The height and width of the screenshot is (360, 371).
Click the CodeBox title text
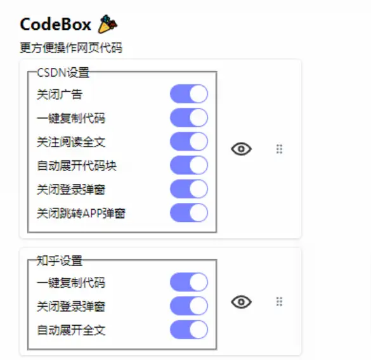(x=56, y=24)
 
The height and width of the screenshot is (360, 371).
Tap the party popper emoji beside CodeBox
(x=108, y=24)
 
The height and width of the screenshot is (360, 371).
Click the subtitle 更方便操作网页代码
(x=71, y=48)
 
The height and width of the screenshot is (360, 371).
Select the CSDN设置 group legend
(x=63, y=72)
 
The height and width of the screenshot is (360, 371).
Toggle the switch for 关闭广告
(x=189, y=94)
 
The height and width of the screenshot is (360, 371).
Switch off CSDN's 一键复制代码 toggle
(x=189, y=117)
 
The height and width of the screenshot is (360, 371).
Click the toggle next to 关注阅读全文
(x=189, y=141)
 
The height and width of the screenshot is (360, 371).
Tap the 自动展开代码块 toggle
(x=189, y=165)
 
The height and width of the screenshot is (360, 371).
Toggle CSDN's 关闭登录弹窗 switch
(x=189, y=189)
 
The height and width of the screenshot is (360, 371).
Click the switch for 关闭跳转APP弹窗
(x=189, y=213)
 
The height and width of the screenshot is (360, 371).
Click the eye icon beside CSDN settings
(x=241, y=149)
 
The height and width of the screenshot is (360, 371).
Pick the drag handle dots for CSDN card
(x=280, y=149)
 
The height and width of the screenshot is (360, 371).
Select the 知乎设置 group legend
(x=60, y=260)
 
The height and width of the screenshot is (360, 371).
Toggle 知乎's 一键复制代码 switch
(x=189, y=282)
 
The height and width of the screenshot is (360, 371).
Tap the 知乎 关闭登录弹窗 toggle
(x=189, y=306)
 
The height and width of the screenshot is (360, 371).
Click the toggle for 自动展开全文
(x=189, y=330)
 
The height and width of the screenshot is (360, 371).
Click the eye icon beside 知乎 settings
(x=241, y=302)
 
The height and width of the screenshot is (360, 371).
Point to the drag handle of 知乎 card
(x=280, y=302)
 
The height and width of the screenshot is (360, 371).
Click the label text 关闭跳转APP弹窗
(x=81, y=214)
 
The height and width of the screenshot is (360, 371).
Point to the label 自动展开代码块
(x=77, y=165)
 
